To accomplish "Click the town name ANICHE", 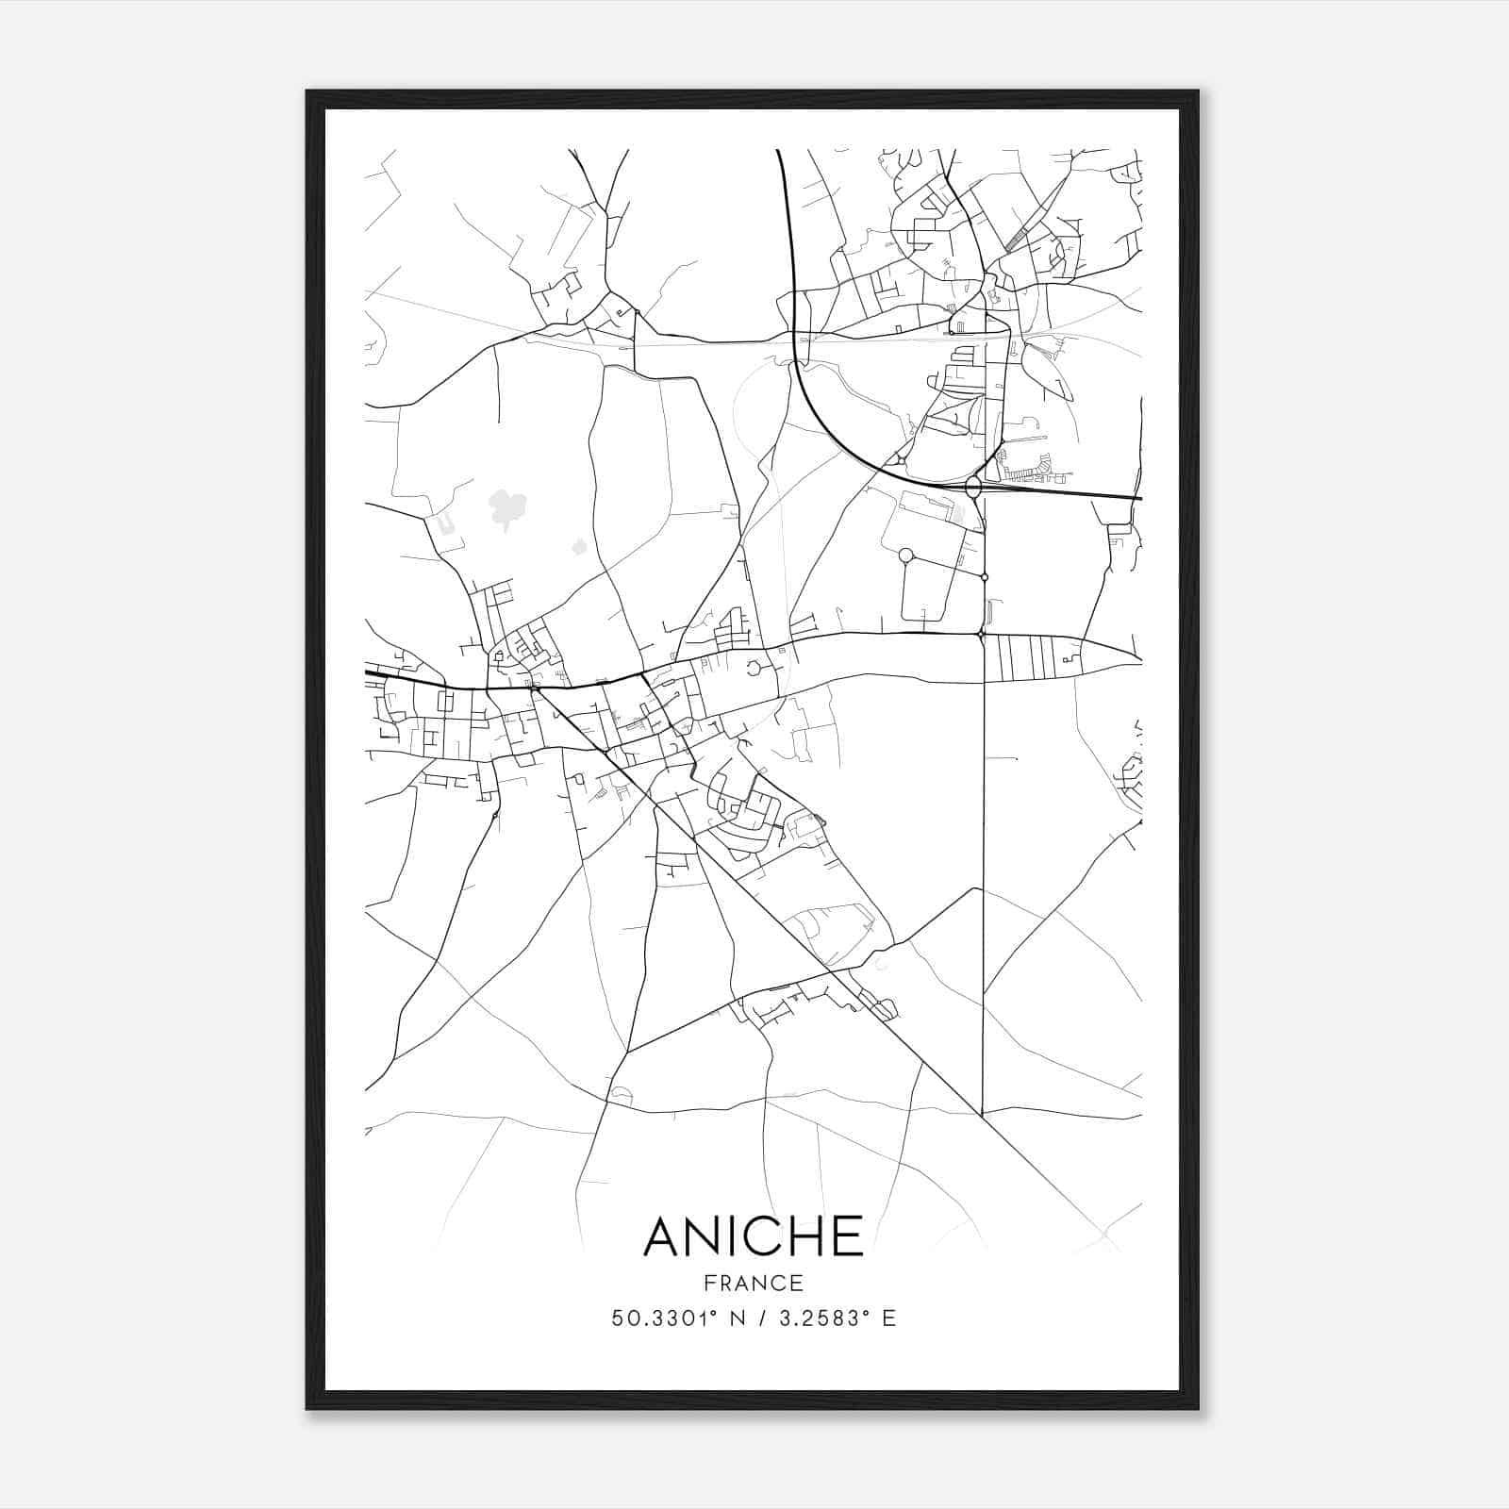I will (753, 1235).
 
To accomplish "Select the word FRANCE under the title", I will (753, 1284).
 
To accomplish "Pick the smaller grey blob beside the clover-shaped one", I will (578, 546).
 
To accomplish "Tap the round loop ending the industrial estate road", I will (906, 556).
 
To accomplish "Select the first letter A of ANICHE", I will (664, 1235).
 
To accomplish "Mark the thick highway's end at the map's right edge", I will (1139, 498).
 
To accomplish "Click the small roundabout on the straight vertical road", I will (984, 576).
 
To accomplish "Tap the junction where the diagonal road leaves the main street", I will (536, 689).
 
